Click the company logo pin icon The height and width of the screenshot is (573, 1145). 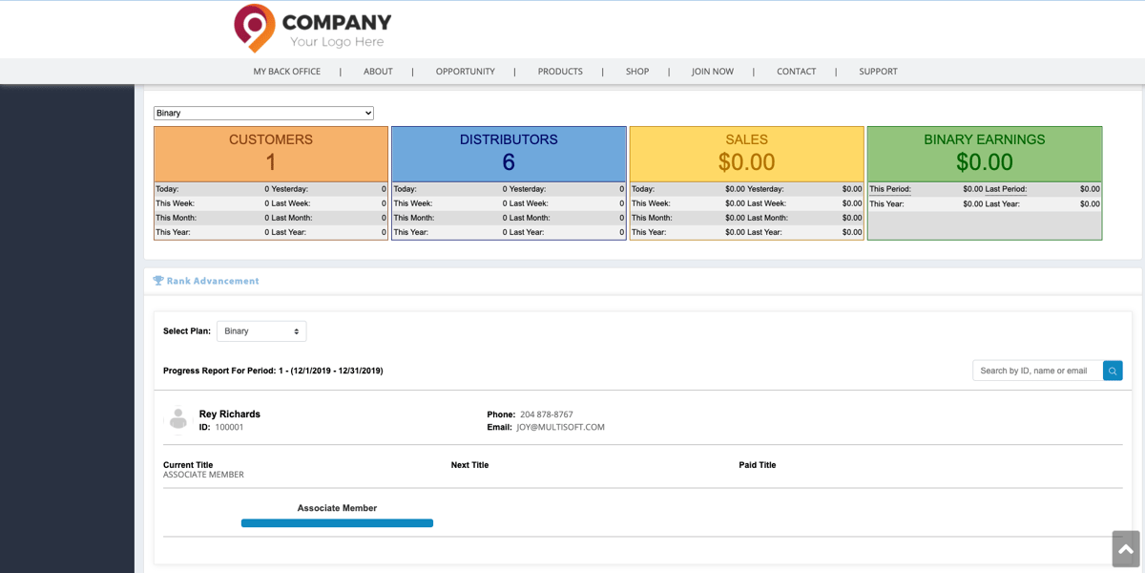[x=254, y=28]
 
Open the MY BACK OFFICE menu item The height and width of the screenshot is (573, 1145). [x=286, y=72]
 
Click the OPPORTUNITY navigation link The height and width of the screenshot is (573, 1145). [x=465, y=72]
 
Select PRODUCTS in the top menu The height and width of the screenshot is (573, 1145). [x=560, y=72]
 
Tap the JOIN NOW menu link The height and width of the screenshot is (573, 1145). [x=713, y=72]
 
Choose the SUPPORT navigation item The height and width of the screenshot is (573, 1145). [x=878, y=72]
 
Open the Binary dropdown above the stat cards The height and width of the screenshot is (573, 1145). [x=263, y=113]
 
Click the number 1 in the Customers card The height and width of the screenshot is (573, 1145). [x=271, y=162]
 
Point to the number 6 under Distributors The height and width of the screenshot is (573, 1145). [x=509, y=162]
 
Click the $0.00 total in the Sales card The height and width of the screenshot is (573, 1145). [x=746, y=162]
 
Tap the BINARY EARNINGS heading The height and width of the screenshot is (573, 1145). [x=984, y=139]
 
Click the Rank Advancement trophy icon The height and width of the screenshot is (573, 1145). [x=158, y=281]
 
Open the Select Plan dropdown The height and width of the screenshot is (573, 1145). [x=261, y=331]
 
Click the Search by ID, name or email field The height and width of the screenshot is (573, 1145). [x=1036, y=371]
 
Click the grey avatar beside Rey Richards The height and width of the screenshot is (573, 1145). [x=177, y=419]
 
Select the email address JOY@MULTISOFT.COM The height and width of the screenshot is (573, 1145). [x=560, y=428]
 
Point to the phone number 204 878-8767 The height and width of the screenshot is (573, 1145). [x=546, y=414]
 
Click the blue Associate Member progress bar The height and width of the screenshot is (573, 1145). [x=337, y=523]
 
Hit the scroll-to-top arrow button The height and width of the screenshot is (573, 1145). [x=1126, y=549]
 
